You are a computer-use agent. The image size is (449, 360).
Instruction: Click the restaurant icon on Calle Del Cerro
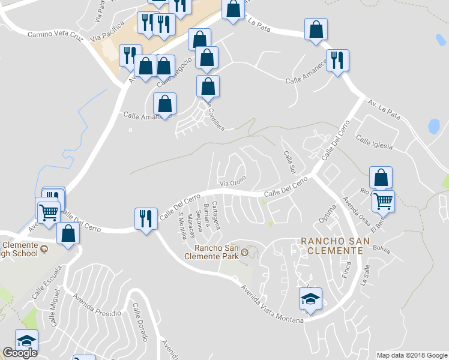(x=146, y=218)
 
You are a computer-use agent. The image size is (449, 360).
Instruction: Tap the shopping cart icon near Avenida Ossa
(x=383, y=202)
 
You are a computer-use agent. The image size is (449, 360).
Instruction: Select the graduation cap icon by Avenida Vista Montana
(x=310, y=299)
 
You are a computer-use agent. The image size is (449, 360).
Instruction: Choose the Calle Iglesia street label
(x=374, y=143)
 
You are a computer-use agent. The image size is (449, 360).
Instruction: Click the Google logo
(x=20, y=353)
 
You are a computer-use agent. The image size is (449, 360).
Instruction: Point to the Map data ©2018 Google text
(x=411, y=355)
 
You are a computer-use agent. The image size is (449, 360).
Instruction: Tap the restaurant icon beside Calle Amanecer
(x=338, y=61)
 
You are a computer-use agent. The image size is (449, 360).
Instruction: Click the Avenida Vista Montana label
(x=272, y=304)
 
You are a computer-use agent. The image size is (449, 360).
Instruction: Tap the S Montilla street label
(x=181, y=226)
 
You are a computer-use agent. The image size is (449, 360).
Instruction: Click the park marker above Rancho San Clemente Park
(x=244, y=255)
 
